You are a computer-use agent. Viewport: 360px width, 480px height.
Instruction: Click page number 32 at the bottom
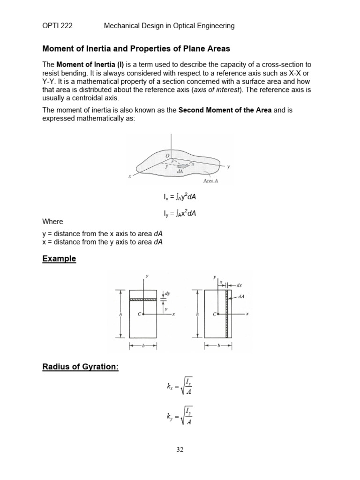(180, 450)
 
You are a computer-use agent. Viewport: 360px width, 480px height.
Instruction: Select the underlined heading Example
(59, 259)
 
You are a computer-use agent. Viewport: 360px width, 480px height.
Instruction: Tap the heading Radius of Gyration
(80, 367)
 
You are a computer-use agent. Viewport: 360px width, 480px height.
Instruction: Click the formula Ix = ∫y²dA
(177, 197)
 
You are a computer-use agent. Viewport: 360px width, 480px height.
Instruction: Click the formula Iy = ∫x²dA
(177, 213)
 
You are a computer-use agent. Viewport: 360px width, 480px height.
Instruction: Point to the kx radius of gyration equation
(180, 387)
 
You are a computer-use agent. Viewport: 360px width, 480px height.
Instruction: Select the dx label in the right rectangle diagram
(239, 285)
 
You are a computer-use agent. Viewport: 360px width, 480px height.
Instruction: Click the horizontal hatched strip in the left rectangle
(142, 299)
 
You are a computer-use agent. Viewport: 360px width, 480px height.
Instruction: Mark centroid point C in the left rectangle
(143, 314)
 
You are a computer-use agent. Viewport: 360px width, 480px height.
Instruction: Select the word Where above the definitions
(52, 222)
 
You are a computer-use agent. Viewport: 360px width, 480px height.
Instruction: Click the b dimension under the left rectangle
(142, 346)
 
